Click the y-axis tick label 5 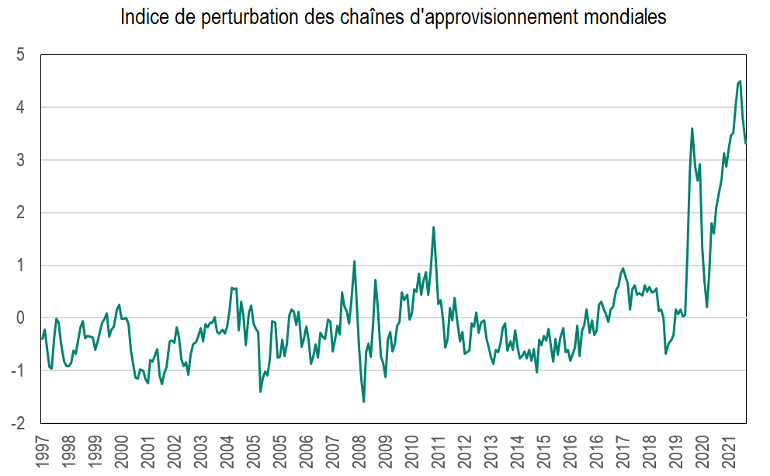tap(22, 55)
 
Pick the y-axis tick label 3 tap(22, 160)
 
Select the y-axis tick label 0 tap(22, 318)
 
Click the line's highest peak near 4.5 tap(741, 81)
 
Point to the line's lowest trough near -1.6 tap(364, 401)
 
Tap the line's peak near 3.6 tap(692, 129)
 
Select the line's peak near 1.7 tap(433, 227)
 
